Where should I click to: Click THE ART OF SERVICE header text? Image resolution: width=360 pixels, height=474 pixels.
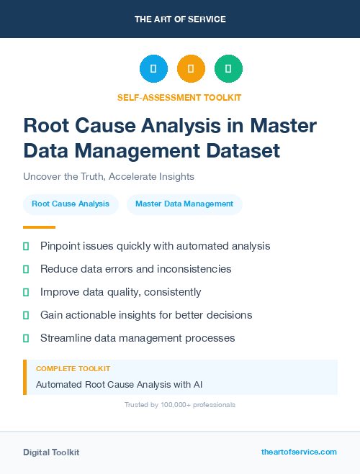[x=180, y=19]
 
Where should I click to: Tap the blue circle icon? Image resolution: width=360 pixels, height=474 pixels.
[x=153, y=68]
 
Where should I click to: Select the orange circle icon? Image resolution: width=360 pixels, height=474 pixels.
[x=191, y=68]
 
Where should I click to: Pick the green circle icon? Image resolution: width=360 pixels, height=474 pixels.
[x=228, y=68]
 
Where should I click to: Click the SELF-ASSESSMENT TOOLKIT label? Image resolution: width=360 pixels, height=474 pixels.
[x=180, y=97]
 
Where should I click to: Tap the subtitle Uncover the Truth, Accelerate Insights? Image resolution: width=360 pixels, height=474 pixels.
[x=109, y=176]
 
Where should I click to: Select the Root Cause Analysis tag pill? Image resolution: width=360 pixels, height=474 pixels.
[x=71, y=204]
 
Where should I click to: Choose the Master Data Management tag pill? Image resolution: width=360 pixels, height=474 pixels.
[x=184, y=204]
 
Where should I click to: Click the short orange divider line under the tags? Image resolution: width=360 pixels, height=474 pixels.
[x=29, y=227]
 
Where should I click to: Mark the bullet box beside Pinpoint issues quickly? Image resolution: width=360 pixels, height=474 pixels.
[x=26, y=246]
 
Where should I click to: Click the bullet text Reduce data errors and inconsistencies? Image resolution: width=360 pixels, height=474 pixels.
[x=135, y=269]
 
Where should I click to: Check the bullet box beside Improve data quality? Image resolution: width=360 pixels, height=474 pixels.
[x=26, y=292]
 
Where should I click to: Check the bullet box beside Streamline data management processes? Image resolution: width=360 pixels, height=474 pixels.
[x=26, y=338]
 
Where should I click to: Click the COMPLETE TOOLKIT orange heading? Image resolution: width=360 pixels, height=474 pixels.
[x=73, y=369]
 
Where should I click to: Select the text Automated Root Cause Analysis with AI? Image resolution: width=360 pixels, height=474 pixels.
[x=119, y=384]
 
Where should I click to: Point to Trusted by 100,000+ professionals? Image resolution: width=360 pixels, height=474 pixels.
[x=180, y=405]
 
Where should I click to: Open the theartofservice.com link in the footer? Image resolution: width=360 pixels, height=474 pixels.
[x=299, y=452]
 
